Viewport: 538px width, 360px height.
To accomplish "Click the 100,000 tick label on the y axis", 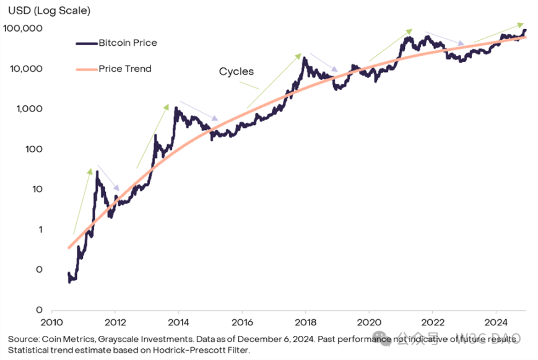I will point(22,29).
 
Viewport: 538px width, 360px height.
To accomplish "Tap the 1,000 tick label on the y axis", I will point(27,109).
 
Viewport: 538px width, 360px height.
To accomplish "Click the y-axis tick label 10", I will point(35,190).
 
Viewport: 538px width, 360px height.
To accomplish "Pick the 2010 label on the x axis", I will point(51,323).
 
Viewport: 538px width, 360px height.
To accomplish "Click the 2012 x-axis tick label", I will point(115,323).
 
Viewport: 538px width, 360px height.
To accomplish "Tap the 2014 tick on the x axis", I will point(178,323).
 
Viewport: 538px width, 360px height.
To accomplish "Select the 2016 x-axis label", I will point(242,323).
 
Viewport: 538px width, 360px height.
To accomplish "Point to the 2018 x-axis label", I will point(305,323).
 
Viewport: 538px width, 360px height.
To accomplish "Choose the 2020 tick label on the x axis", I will point(369,323).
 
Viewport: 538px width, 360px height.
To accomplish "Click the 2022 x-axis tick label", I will point(432,323).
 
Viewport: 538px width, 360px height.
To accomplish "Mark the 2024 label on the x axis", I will point(496,323).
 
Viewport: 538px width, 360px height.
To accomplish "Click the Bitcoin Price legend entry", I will point(128,43).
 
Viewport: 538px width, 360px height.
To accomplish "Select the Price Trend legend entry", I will point(124,68).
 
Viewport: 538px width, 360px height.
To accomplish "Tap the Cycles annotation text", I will point(236,71).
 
